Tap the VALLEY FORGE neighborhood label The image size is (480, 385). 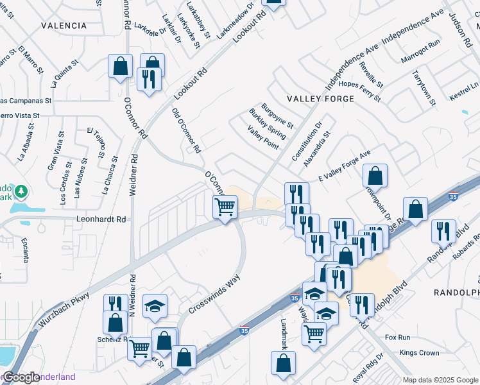pos(320,99)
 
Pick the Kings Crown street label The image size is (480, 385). pos(419,353)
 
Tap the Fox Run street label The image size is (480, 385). pos(397,337)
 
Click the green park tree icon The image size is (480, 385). pos(21,191)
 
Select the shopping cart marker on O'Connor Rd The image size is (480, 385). pos(225,207)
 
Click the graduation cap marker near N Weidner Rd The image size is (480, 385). pos(155,307)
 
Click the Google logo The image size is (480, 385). pos(21,377)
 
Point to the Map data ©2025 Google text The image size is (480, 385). pos(440,380)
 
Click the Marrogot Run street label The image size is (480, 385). pos(421,44)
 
